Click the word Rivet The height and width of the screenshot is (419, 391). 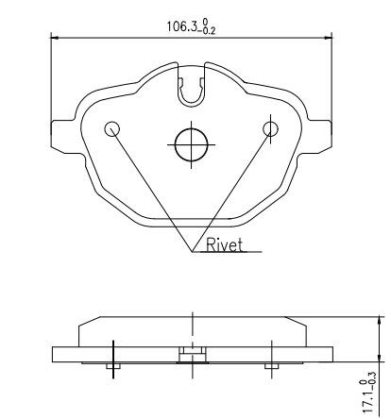[225, 245]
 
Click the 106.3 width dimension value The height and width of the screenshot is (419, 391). [181, 26]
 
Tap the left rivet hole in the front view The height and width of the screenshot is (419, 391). [112, 129]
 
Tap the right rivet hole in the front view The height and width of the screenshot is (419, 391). [270, 129]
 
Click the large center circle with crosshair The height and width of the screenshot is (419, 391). [192, 145]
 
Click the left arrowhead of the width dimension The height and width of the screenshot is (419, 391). [55, 38]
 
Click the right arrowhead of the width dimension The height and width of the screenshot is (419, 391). [329, 38]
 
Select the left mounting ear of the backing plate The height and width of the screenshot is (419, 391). [63, 136]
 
